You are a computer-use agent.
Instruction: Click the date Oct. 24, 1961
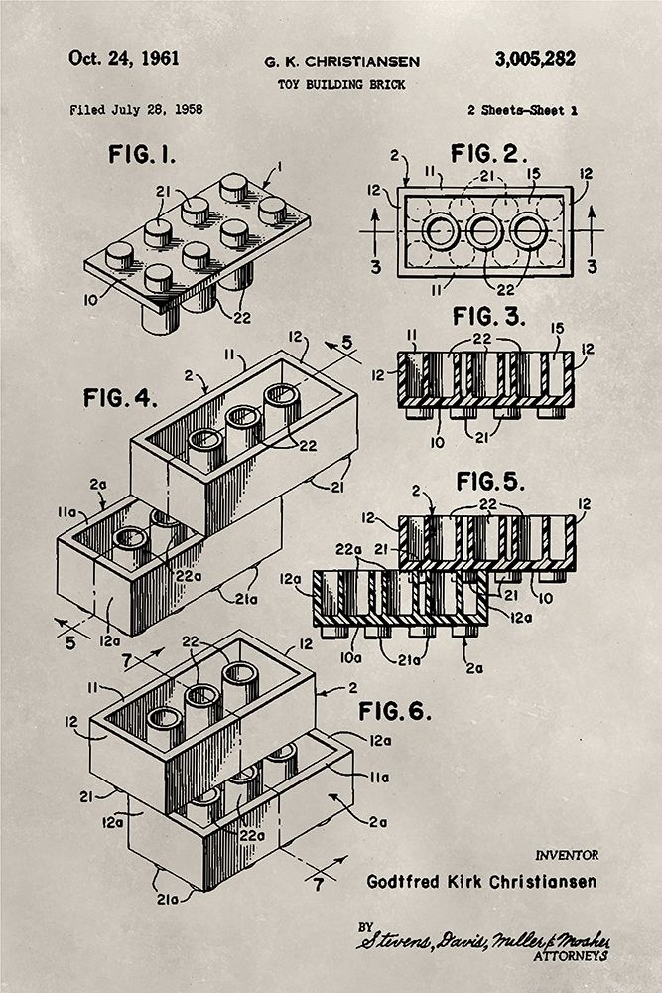pyautogui.click(x=124, y=58)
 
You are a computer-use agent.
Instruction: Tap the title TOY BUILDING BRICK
pyautogui.click(x=341, y=85)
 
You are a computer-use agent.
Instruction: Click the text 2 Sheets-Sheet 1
pyautogui.click(x=521, y=110)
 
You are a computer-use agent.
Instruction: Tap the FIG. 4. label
pyautogui.click(x=120, y=398)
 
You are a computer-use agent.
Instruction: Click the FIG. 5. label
pyautogui.click(x=493, y=482)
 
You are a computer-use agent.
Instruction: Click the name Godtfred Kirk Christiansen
pyautogui.click(x=481, y=880)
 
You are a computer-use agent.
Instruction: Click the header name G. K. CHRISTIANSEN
pyautogui.click(x=341, y=62)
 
